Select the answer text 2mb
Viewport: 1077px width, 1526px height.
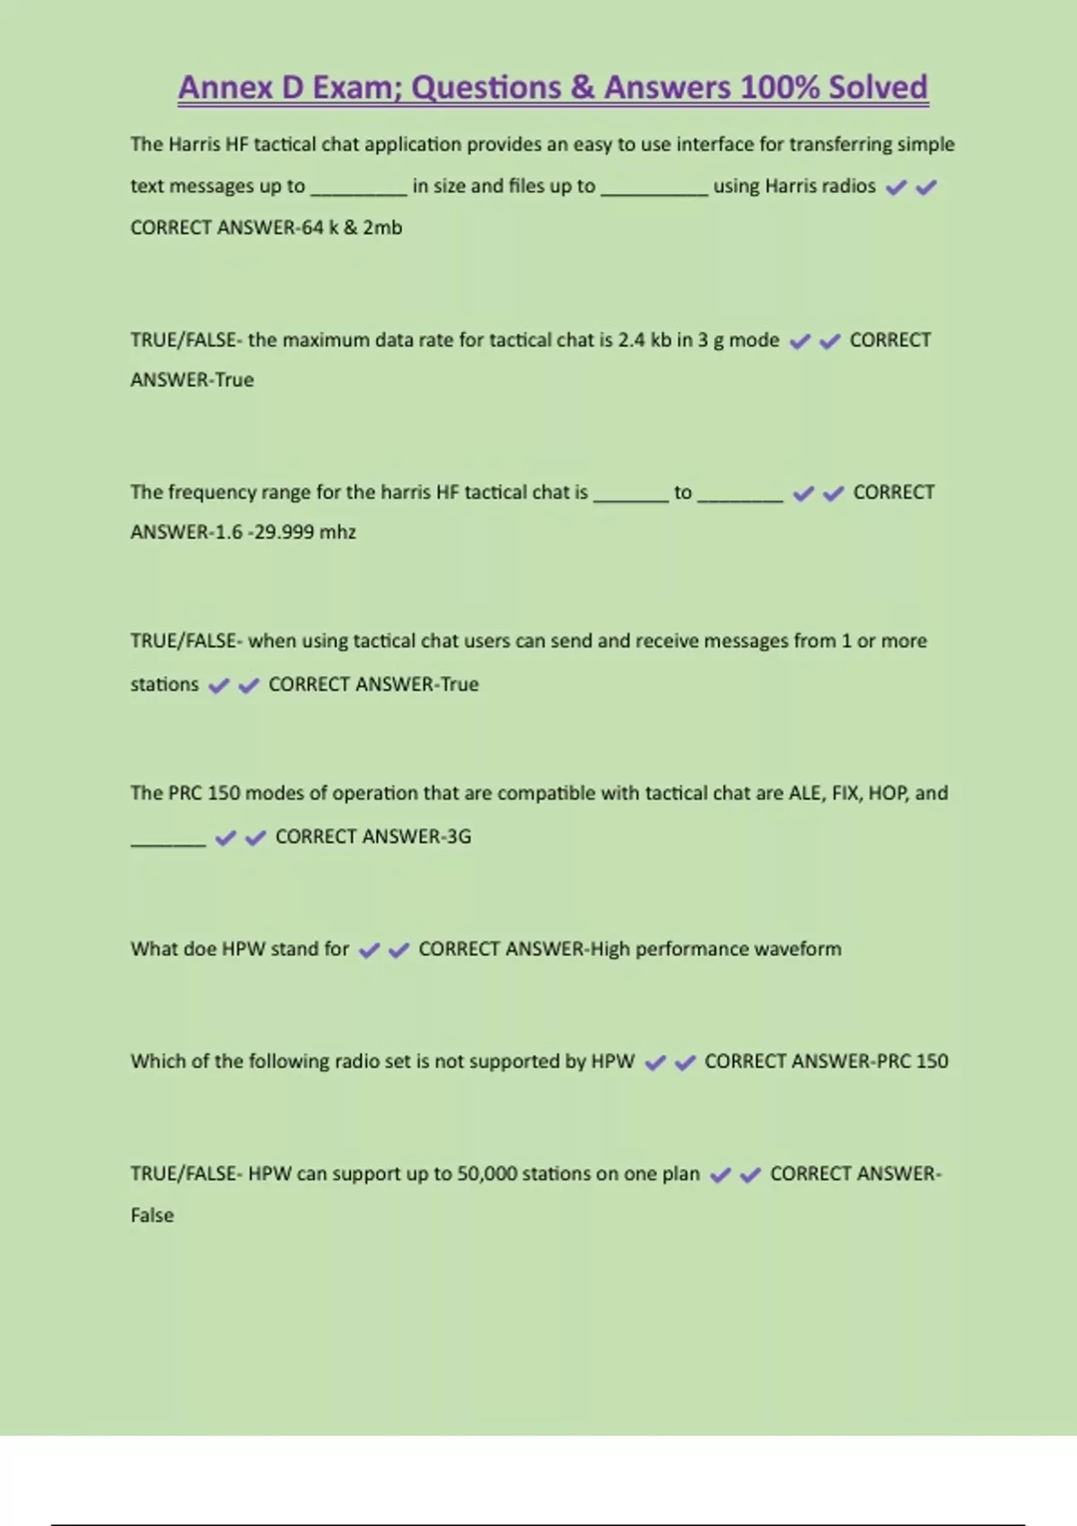pyautogui.click(x=382, y=228)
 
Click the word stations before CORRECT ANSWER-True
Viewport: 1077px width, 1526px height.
pyautogui.click(x=164, y=685)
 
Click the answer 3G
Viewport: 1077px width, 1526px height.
pyautogui.click(x=459, y=837)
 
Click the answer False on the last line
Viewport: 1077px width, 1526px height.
pyautogui.click(x=153, y=1215)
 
